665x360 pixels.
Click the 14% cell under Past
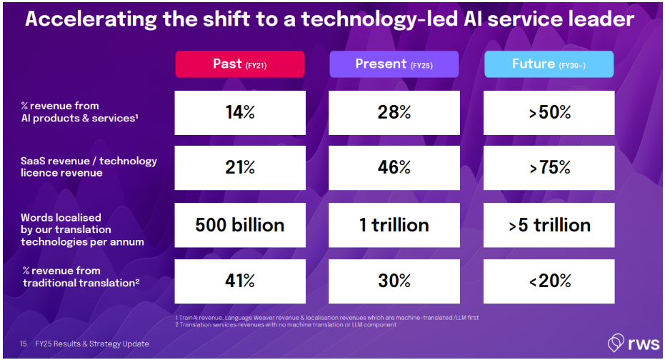pyautogui.click(x=240, y=112)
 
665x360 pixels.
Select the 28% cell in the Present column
pyautogui.click(x=394, y=112)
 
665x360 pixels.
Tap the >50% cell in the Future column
pyautogui.click(x=549, y=112)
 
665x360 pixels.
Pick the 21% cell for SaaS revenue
pyautogui.click(x=240, y=168)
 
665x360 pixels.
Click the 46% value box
pyautogui.click(x=394, y=168)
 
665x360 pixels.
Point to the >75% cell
pyautogui.click(x=549, y=168)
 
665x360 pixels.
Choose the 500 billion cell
pyautogui.click(x=240, y=225)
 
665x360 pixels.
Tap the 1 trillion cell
pyautogui.click(x=394, y=225)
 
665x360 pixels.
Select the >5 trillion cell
pyautogui.click(x=549, y=225)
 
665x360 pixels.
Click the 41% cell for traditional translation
pyautogui.click(x=240, y=281)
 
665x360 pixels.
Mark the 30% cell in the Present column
pyautogui.click(x=394, y=281)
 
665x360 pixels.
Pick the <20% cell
pyautogui.click(x=549, y=281)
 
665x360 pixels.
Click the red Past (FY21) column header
pyautogui.click(x=240, y=64)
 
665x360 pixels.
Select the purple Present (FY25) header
pyautogui.click(x=394, y=64)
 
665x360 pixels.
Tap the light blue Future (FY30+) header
pyautogui.click(x=549, y=64)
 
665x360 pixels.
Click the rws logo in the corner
pyautogui.click(x=628, y=342)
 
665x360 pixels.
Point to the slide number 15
pyautogui.click(x=23, y=344)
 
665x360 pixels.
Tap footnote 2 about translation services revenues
pyautogui.click(x=285, y=325)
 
